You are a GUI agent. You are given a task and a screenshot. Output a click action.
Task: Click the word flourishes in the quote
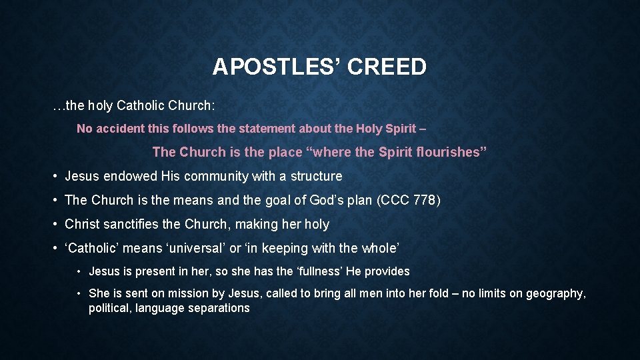point(448,152)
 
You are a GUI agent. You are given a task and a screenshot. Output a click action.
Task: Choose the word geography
point(556,293)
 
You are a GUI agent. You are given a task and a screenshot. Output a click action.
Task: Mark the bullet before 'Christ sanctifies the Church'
point(55,225)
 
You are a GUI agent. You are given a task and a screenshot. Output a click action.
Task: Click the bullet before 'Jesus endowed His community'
point(55,177)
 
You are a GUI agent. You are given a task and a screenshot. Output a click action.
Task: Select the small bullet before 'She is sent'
point(79,293)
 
